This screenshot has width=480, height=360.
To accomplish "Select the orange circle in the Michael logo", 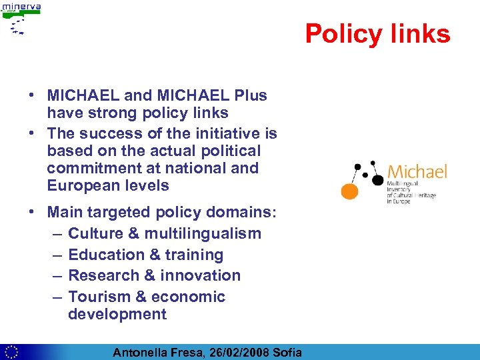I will (x=349, y=191).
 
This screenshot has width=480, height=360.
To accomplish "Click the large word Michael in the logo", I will (x=417, y=172).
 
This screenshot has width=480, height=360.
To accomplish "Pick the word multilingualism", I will (x=203, y=234).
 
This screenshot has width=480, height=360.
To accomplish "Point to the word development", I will (x=117, y=314).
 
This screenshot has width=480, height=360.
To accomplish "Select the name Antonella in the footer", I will (x=141, y=353).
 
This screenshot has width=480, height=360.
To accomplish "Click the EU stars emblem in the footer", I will (x=11, y=352).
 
